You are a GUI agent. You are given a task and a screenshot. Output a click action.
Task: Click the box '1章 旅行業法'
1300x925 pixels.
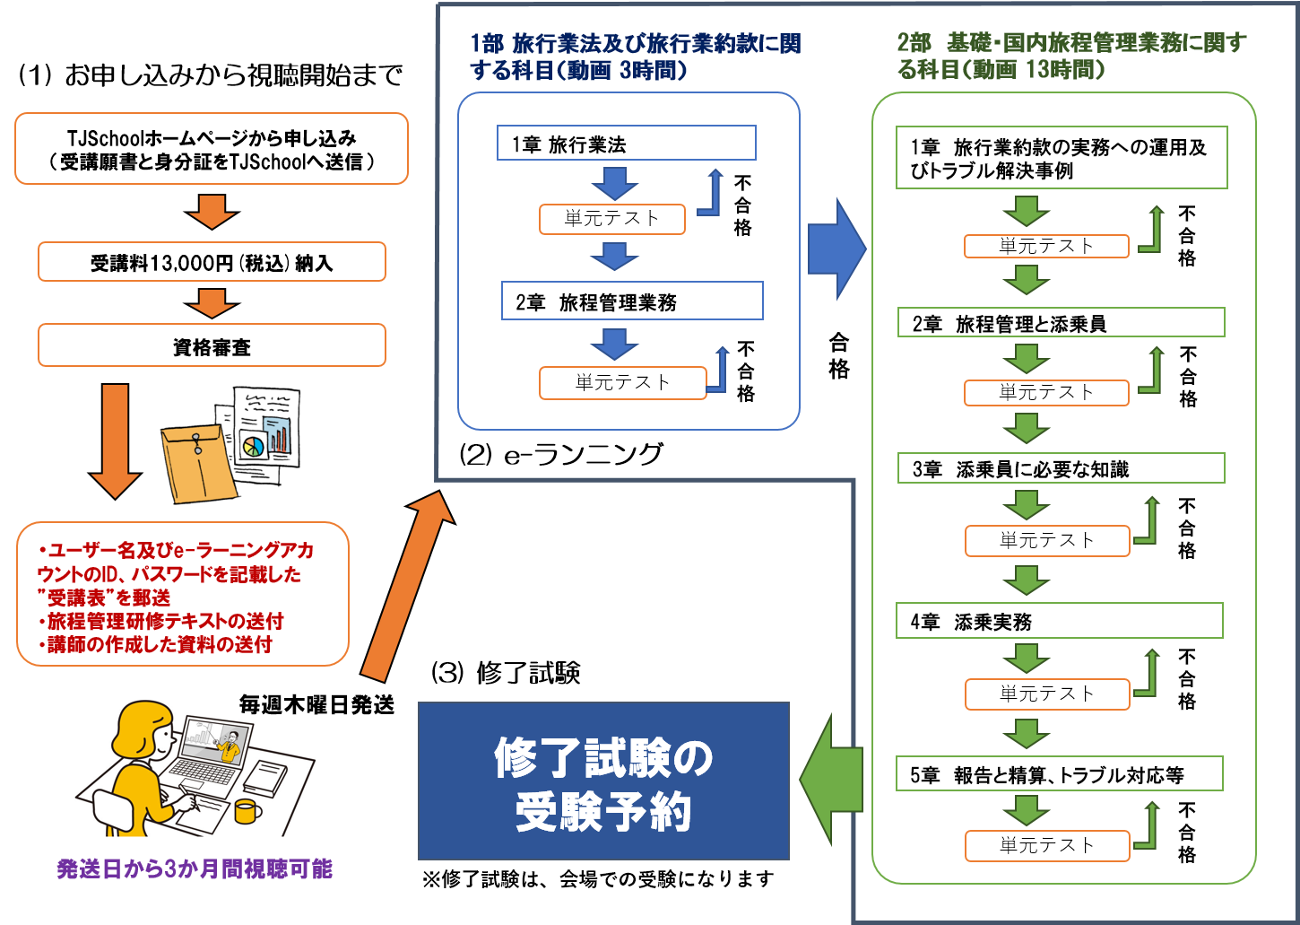coord(626,144)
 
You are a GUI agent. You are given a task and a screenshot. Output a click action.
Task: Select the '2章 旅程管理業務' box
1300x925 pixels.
coord(632,301)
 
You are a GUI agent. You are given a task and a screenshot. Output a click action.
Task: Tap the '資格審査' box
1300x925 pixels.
coord(212,346)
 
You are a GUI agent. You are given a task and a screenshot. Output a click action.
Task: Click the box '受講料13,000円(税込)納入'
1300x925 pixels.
coord(212,262)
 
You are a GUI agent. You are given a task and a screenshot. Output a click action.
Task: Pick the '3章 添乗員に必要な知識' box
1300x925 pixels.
coord(1061,468)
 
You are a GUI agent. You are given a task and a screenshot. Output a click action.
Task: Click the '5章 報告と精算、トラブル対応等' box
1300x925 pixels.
coord(1060,775)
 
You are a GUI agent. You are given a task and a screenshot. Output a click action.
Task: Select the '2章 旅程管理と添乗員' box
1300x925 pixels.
coord(1061,323)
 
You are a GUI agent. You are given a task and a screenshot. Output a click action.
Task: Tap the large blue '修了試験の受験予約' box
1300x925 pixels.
coord(603,781)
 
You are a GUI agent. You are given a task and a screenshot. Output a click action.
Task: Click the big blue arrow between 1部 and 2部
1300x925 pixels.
coord(836,249)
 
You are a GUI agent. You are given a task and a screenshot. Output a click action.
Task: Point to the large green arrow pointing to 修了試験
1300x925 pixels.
coord(830,779)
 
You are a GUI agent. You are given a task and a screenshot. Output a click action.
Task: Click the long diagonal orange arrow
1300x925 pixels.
coord(409,588)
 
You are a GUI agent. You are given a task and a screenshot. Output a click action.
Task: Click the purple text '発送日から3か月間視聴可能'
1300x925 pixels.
coord(195,868)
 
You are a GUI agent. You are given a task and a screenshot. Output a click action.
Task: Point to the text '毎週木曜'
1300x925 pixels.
coord(281,705)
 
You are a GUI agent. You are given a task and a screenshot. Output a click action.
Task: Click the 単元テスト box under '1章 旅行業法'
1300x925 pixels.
coord(611,219)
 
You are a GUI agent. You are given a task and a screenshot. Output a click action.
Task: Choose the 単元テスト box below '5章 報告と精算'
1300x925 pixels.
coord(1046,845)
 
